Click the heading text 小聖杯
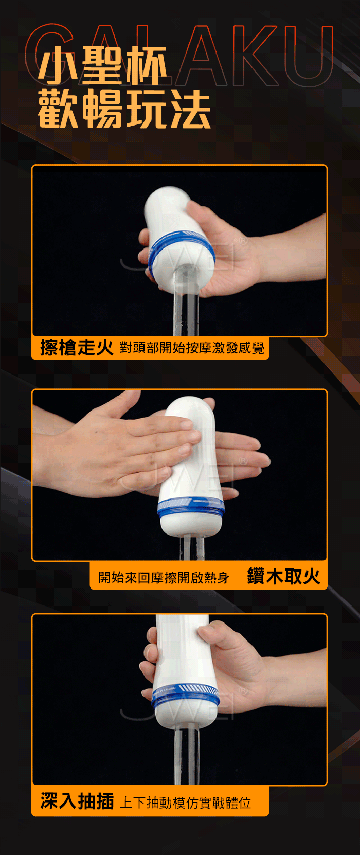[102, 66]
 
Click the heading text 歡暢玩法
[124, 109]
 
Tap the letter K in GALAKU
[257, 56]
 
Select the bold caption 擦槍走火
[77, 347]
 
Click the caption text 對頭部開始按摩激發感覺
[192, 348]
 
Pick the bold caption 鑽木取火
[284, 576]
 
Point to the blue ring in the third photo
[186, 695]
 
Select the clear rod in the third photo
[187, 755]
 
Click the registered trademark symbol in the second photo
[243, 461]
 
